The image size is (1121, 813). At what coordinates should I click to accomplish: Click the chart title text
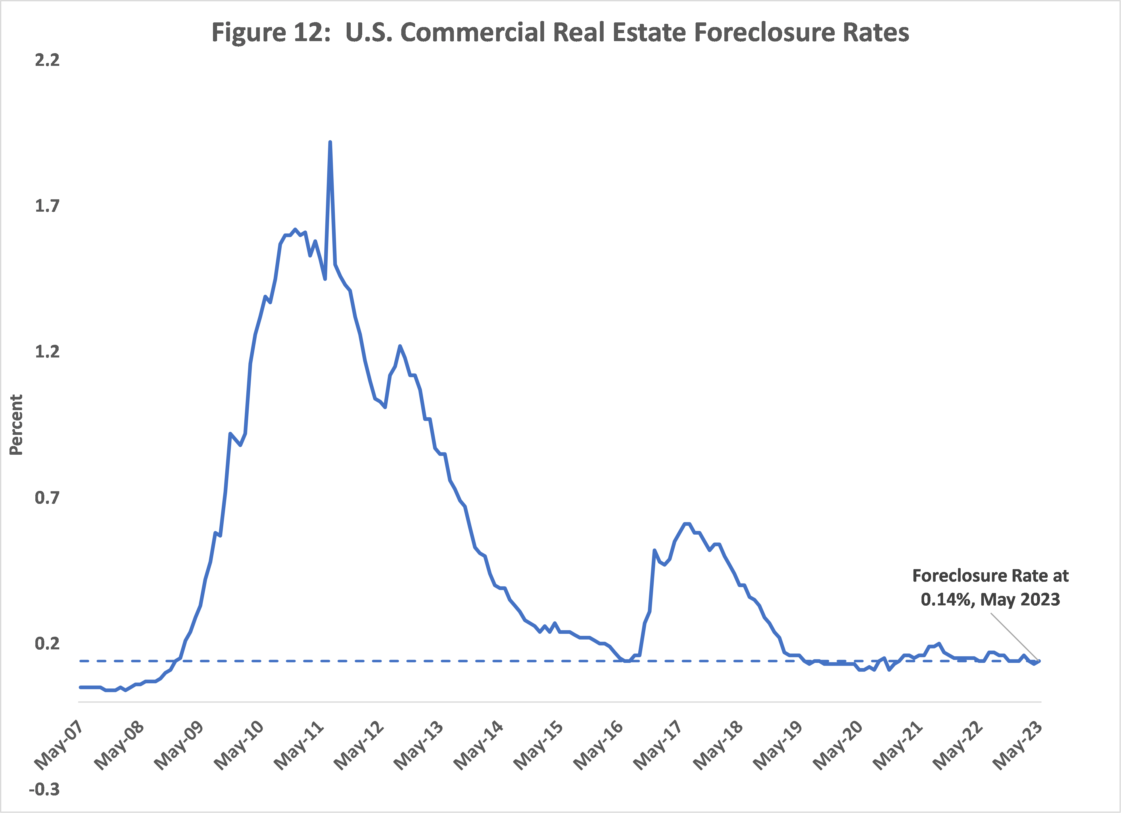pyautogui.click(x=560, y=32)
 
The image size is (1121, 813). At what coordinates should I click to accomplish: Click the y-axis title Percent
pyautogui.click(x=16, y=424)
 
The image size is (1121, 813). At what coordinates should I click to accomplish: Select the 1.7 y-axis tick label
pyautogui.click(x=47, y=206)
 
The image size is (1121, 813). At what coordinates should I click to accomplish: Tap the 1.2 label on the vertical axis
pyautogui.click(x=47, y=352)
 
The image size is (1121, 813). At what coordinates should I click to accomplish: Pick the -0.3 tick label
pyautogui.click(x=45, y=789)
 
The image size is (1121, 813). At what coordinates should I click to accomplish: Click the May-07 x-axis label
pyautogui.click(x=58, y=745)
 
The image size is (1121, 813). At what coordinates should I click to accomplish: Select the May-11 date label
pyautogui.click(x=299, y=745)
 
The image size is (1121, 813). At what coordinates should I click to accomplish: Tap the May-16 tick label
pyautogui.click(x=598, y=745)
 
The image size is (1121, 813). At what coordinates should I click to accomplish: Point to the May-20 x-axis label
pyautogui.click(x=838, y=745)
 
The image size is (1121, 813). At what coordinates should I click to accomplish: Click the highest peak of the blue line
pyautogui.click(x=330, y=142)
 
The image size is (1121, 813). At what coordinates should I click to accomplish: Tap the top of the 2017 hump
pyautogui.click(x=686, y=524)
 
